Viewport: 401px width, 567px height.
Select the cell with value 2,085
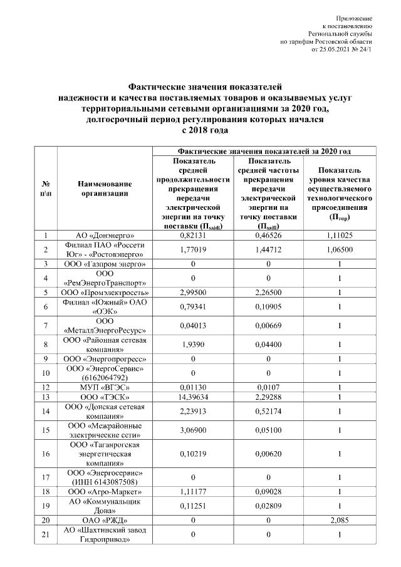tap(339, 520)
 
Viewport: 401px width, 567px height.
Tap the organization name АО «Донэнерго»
tap(105, 235)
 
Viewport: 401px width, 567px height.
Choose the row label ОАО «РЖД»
tap(105, 520)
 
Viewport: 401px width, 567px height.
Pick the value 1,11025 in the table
tap(339, 235)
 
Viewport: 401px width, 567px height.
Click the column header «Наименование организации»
tap(105, 189)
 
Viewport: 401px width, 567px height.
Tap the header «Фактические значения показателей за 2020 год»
tap(264, 151)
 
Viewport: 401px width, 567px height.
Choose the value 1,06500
tap(339, 249)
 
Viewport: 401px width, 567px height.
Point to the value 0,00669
tap(268, 326)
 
